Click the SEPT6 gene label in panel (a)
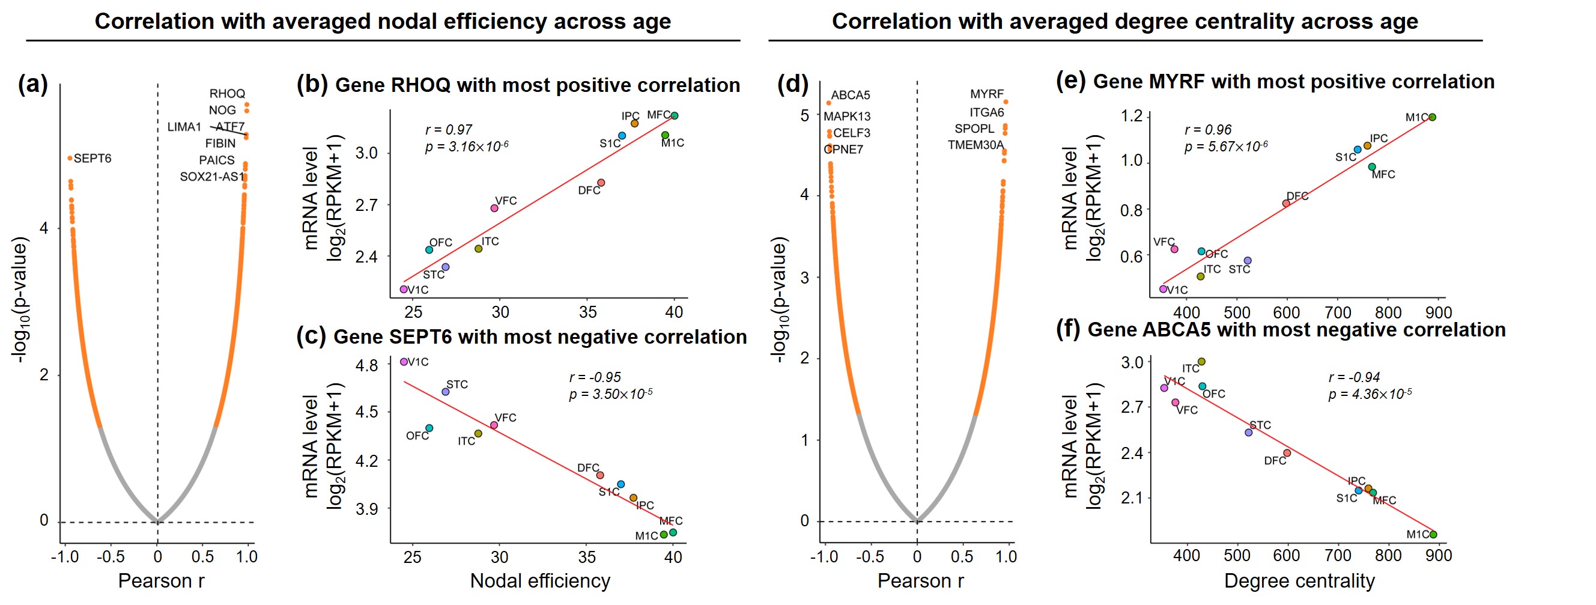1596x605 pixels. [93, 159]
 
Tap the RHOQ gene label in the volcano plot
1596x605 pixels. [227, 94]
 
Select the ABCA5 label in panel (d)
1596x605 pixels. [850, 96]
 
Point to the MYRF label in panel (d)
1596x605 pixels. [986, 94]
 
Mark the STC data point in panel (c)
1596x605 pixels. [445, 392]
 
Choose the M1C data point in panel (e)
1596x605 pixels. [1432, 117]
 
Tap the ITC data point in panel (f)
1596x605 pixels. [1201, 362]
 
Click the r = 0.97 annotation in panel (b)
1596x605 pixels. [449, 130]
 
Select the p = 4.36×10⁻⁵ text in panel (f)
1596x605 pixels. [1369, 394]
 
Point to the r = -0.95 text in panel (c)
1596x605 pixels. [594, 377]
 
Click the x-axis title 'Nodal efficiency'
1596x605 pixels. [539, 581]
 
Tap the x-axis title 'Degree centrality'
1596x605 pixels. [1299, 581]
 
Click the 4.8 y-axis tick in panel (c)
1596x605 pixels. [367, 366]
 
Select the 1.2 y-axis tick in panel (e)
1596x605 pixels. [1131, 117]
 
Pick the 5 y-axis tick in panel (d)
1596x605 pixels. [804, 116]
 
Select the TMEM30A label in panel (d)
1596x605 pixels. [974, 145]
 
